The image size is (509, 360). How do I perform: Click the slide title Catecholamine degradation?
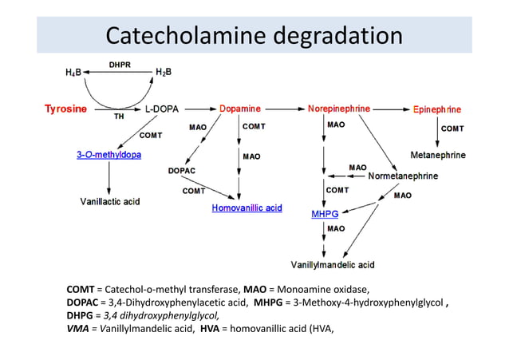coord(254,35)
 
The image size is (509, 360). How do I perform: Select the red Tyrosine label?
coord(65,108)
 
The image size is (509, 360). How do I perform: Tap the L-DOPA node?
coord(162,108)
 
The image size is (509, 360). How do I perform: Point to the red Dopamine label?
coord(239,108)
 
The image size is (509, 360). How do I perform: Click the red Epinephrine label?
coord(436,109)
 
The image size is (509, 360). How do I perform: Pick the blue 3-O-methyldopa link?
coord(109,154)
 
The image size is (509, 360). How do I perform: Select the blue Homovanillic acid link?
coord(247,208)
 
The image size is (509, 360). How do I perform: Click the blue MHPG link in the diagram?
coord(325,213)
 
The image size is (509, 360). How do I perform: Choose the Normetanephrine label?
coord(402,176)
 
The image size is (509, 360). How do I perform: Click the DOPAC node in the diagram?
coord(182,170)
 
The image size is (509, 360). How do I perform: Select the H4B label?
coord(73,73)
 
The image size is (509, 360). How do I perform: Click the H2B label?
coord(164,73)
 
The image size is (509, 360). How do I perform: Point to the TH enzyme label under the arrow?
coord(119,117)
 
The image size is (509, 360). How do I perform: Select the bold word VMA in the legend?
coord(78,326)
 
